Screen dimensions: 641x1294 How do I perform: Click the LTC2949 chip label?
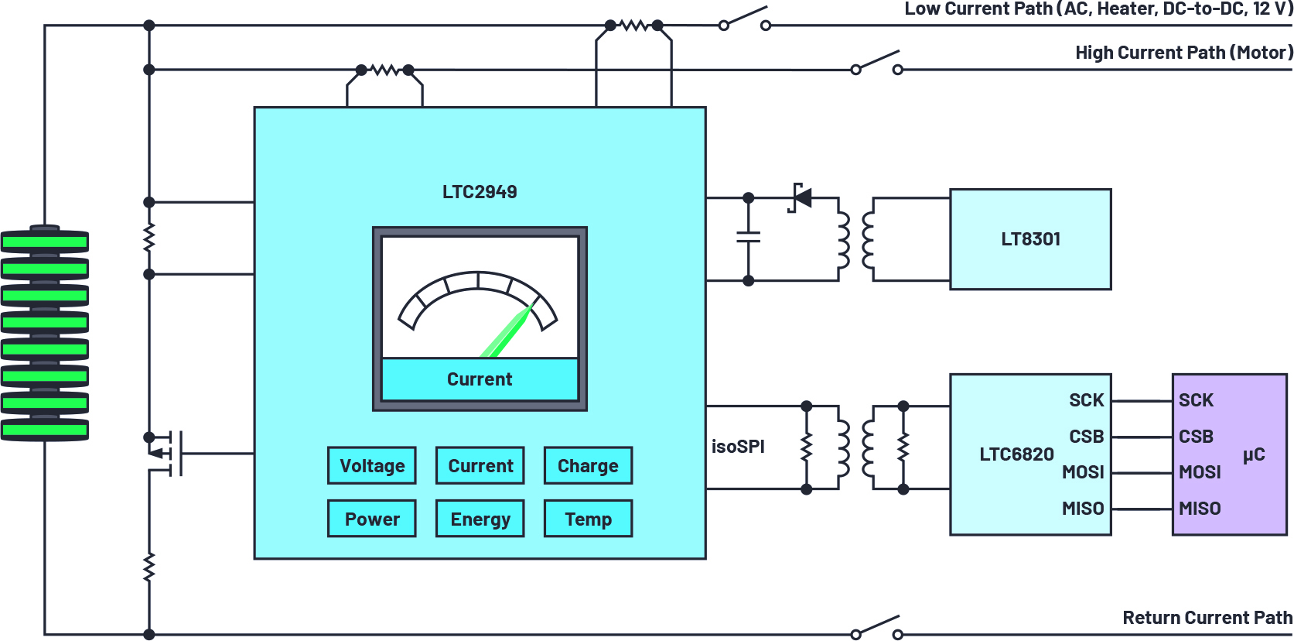click(x=480, y=192)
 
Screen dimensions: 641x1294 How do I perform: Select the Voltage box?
click(x=372, y=465)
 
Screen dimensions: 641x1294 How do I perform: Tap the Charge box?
click(x=588, y=465)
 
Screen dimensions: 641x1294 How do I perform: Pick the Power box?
click(x=372, y=519)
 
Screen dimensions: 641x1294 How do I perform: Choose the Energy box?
click(x=480, y=519)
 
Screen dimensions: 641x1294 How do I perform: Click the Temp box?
click(x=588, y=519)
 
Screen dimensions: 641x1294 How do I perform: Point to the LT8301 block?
click(x=1030, y=239)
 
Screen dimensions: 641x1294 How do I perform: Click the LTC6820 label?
click(x=1016, y=454)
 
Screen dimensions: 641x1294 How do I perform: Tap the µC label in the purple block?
click(x=1254, y=454)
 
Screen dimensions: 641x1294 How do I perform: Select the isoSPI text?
click(x=738, y=447)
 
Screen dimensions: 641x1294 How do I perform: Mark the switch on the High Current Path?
click(x=876, y=62)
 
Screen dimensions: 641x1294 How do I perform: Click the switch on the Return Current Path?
click(x=876, y=627)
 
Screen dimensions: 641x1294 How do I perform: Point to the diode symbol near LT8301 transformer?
click(x=801, y=197)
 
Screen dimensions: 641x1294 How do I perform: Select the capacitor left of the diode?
click(x=748, y=237)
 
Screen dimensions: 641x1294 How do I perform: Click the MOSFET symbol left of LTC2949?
click(x=166, y=453)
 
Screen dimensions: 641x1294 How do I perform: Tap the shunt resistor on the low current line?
click(x=633, y=26)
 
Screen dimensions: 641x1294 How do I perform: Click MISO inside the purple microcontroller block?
click(x=1200, y=509)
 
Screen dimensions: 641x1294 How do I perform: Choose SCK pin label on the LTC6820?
click(x=1086, y=400)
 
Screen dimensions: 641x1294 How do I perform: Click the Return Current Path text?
click(x=1207, y=618)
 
